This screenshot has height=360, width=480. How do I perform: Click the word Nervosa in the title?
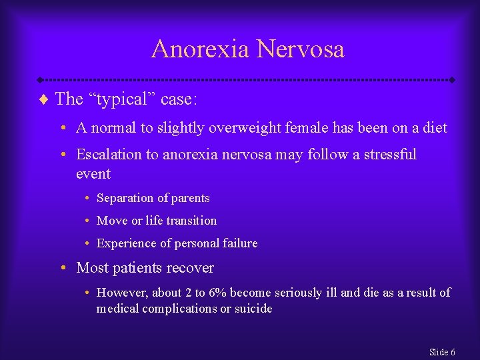301,49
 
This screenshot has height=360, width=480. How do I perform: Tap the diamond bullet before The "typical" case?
44,99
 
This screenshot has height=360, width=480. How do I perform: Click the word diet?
435,127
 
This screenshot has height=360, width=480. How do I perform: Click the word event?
93,174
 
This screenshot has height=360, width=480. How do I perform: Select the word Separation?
124,198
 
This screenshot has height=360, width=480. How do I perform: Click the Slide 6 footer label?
442,352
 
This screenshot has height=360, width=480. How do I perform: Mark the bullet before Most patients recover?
61,268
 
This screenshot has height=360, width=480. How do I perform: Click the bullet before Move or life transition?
88,221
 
